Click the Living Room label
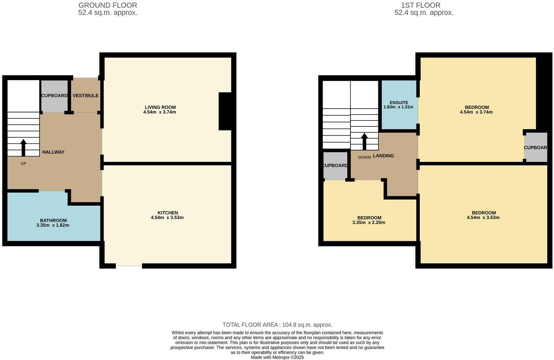160,107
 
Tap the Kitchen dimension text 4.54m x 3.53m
167,218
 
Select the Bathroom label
53,220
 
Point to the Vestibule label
86,96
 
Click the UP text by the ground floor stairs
23,164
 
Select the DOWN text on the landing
364,157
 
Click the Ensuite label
399,103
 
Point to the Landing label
383,156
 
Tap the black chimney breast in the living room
225,111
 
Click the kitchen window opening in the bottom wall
129,266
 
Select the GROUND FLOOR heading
108,5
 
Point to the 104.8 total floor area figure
289,325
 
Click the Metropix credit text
277,357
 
